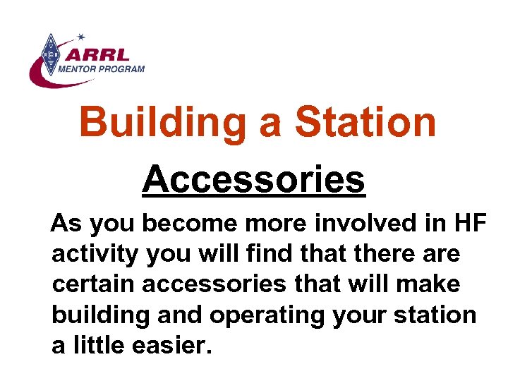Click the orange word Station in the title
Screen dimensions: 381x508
point(365,121)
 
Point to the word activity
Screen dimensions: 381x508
point(94,255)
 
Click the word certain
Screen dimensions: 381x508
point(92,284)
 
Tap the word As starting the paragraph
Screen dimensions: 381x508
point(67,224)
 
